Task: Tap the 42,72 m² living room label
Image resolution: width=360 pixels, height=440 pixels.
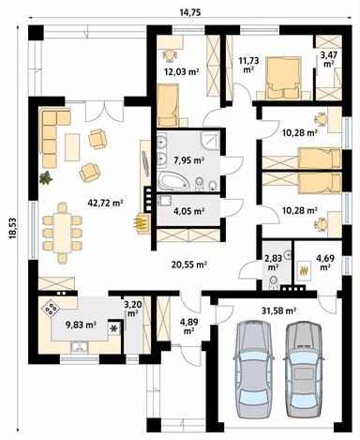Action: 105,203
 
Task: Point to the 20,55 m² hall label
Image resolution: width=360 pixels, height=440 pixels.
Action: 188,266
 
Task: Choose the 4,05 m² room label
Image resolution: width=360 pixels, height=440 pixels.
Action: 189,211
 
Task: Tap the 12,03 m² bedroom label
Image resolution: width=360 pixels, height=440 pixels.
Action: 181,70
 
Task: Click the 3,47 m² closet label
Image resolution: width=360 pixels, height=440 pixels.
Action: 329,61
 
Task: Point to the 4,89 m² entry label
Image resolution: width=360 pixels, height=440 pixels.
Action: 188,326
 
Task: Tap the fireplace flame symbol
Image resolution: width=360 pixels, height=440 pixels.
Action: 142,224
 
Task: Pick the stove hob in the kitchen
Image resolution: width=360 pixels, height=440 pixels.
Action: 49,307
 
